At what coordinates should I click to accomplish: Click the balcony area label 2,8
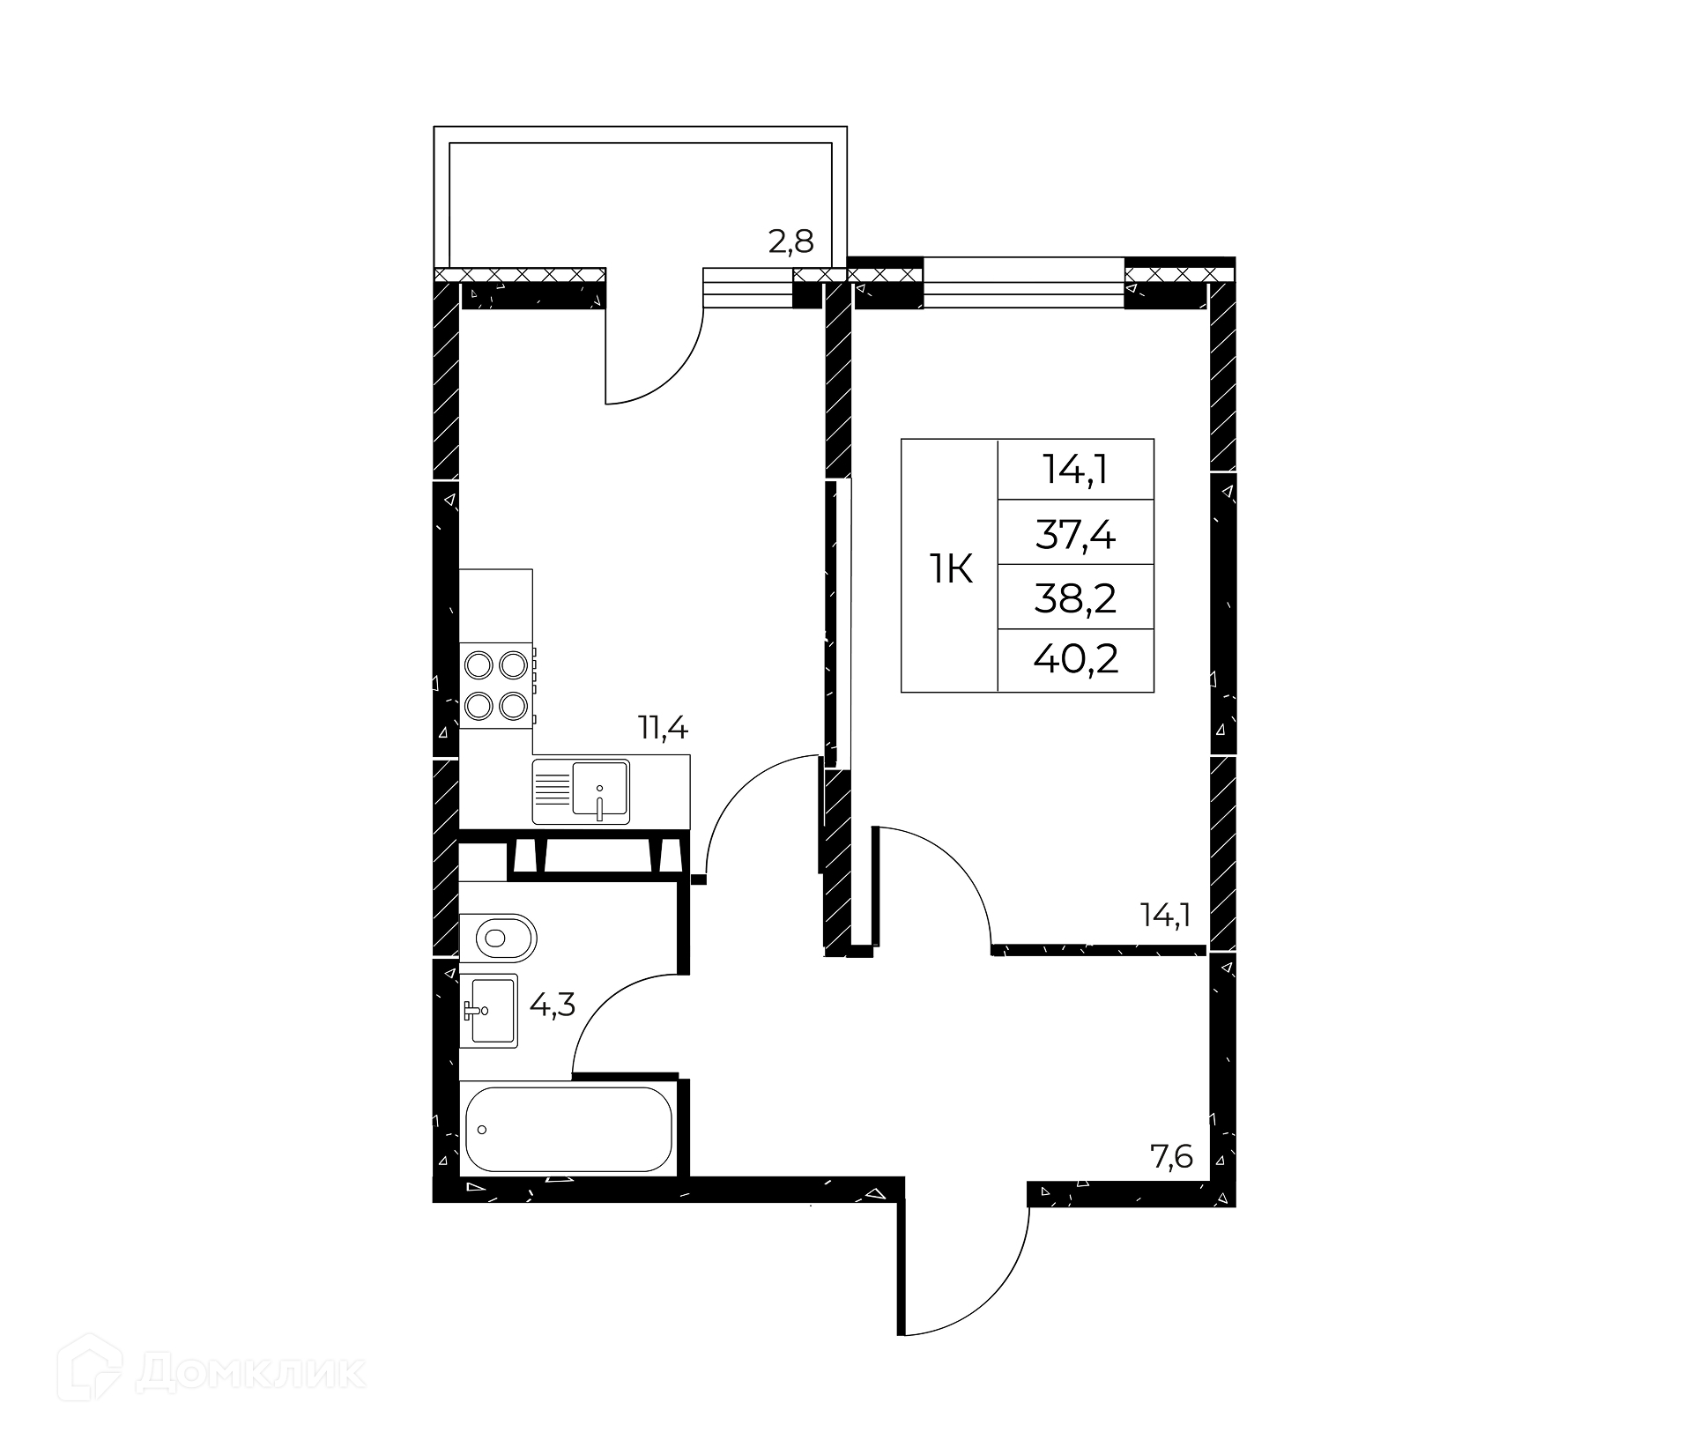790,241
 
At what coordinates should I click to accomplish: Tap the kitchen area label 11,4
663,728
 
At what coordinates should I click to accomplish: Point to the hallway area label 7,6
1171,1155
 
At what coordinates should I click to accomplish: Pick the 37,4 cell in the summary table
1075,533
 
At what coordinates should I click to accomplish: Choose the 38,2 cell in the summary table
1075,598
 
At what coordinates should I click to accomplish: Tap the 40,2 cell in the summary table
1075,658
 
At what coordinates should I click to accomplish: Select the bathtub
569,1129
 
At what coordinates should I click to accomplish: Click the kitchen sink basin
600,789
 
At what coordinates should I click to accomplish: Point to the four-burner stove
496,685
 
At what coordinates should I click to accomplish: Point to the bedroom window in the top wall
1024,282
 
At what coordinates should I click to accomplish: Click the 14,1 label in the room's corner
1166,916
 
